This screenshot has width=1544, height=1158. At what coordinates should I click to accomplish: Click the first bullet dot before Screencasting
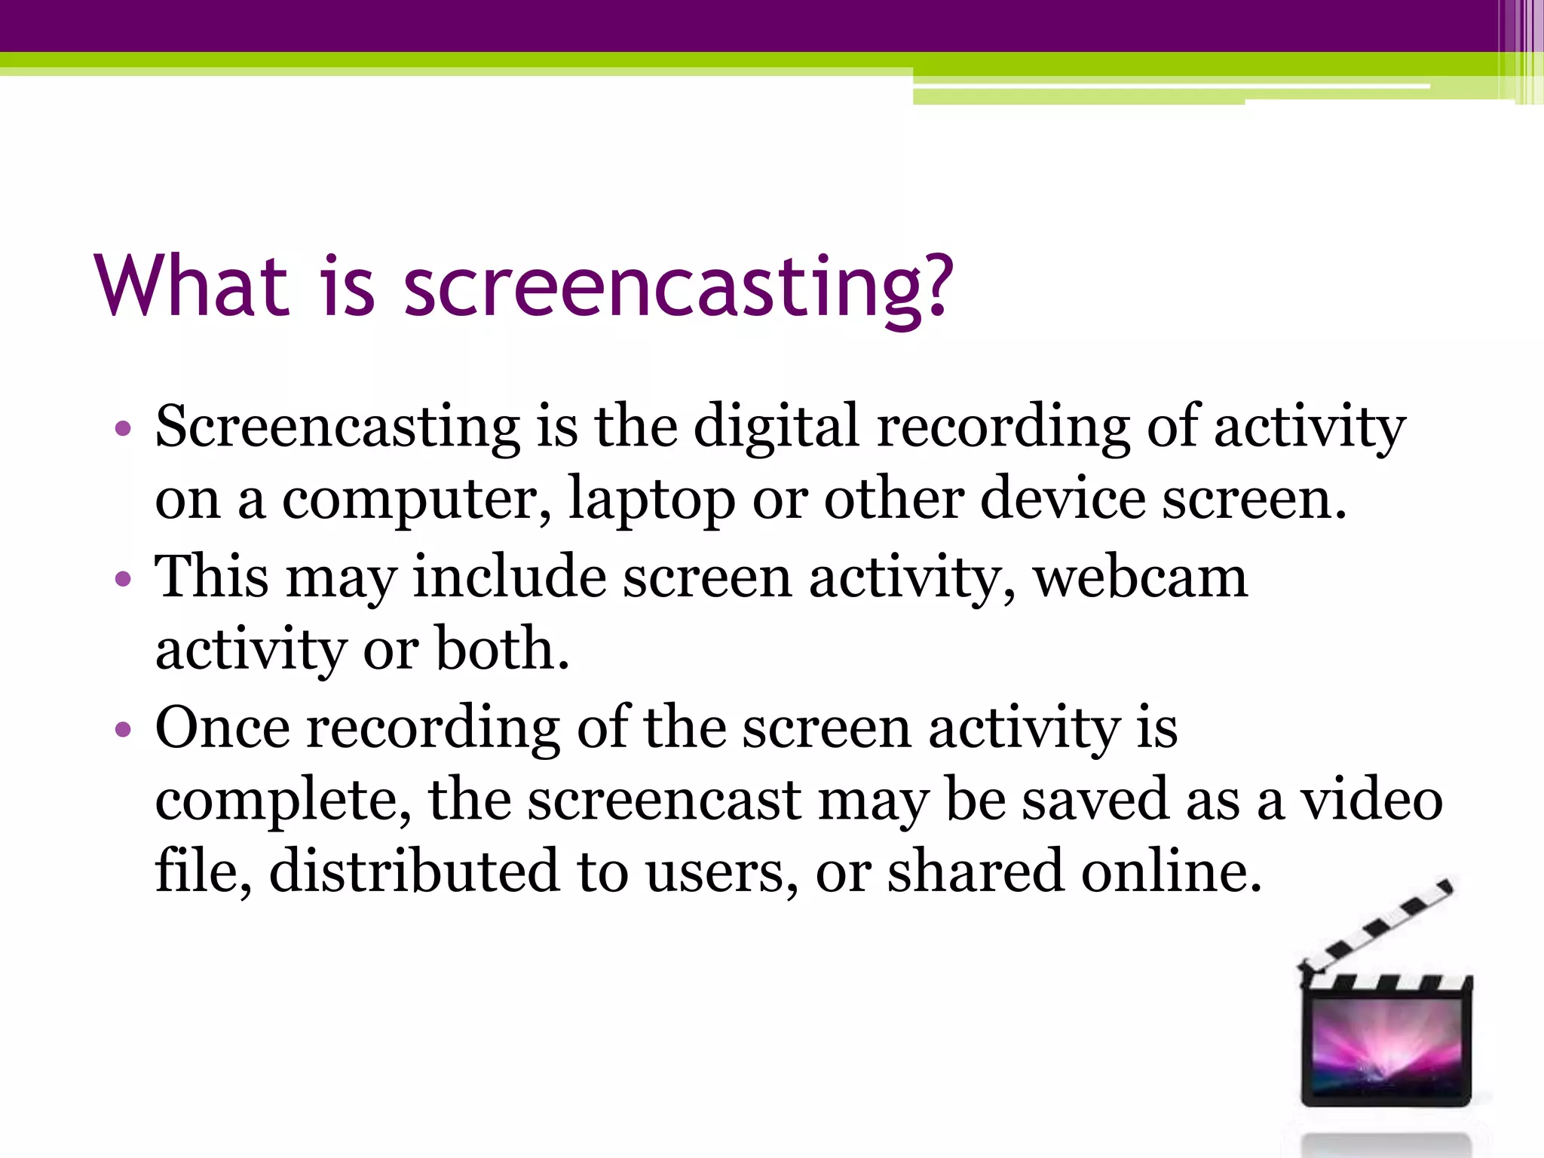coord(123,430)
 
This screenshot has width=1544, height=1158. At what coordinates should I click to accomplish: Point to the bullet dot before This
coord(123,580)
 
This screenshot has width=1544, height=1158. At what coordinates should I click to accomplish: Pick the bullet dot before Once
coord(123,730)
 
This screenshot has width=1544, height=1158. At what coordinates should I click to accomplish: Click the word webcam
coord(1140,577)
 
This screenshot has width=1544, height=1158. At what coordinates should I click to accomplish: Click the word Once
coord(222,728)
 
